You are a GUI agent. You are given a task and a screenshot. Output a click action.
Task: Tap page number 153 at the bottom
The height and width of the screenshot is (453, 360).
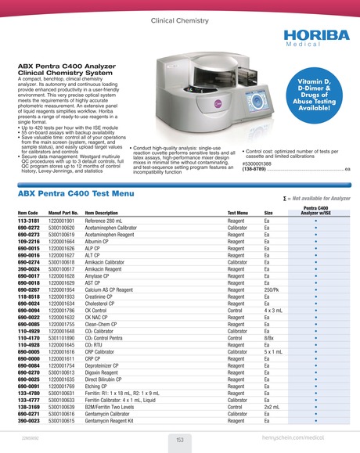179,440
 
